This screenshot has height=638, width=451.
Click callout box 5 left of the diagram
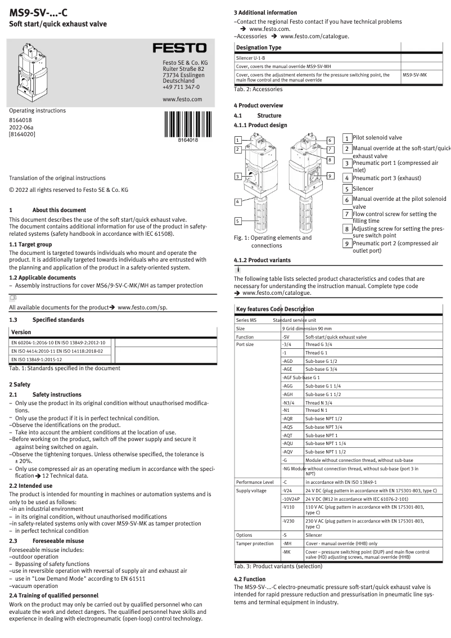[238, 221]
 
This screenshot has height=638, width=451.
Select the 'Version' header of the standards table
[21, 332]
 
